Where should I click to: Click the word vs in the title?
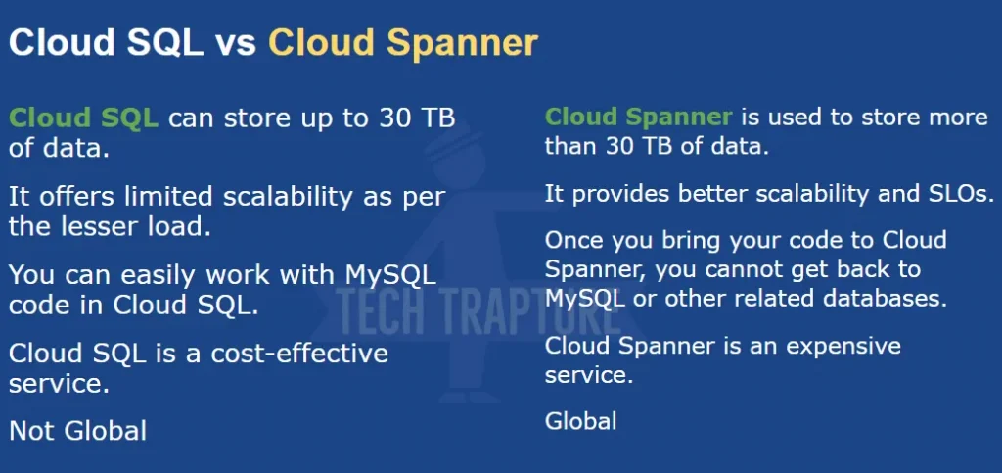click(235, 43)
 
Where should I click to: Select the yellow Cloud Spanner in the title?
click(402, 43)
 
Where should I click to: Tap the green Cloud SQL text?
click(84, 118)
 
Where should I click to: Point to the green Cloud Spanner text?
click(638, 118)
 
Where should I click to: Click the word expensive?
click(843, 347)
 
